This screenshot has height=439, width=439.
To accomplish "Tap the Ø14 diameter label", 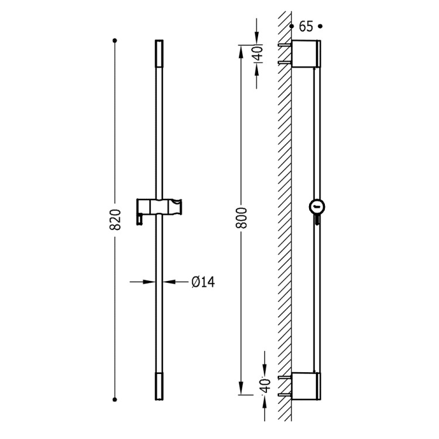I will click(203, 282).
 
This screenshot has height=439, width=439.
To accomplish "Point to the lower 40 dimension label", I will click(265, 385).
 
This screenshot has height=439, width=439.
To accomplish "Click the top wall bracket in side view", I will click(306, 54).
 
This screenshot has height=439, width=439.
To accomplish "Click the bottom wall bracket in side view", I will click(306, 386).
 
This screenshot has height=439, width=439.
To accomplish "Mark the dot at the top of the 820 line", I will click(115, 40).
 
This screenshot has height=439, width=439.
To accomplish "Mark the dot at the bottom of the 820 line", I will click(115, 399).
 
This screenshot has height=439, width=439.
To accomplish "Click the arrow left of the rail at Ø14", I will click(150, 282).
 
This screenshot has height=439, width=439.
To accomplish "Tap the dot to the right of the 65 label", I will click(320, 26).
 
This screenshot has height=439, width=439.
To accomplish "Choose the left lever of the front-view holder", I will click(140, 218).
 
